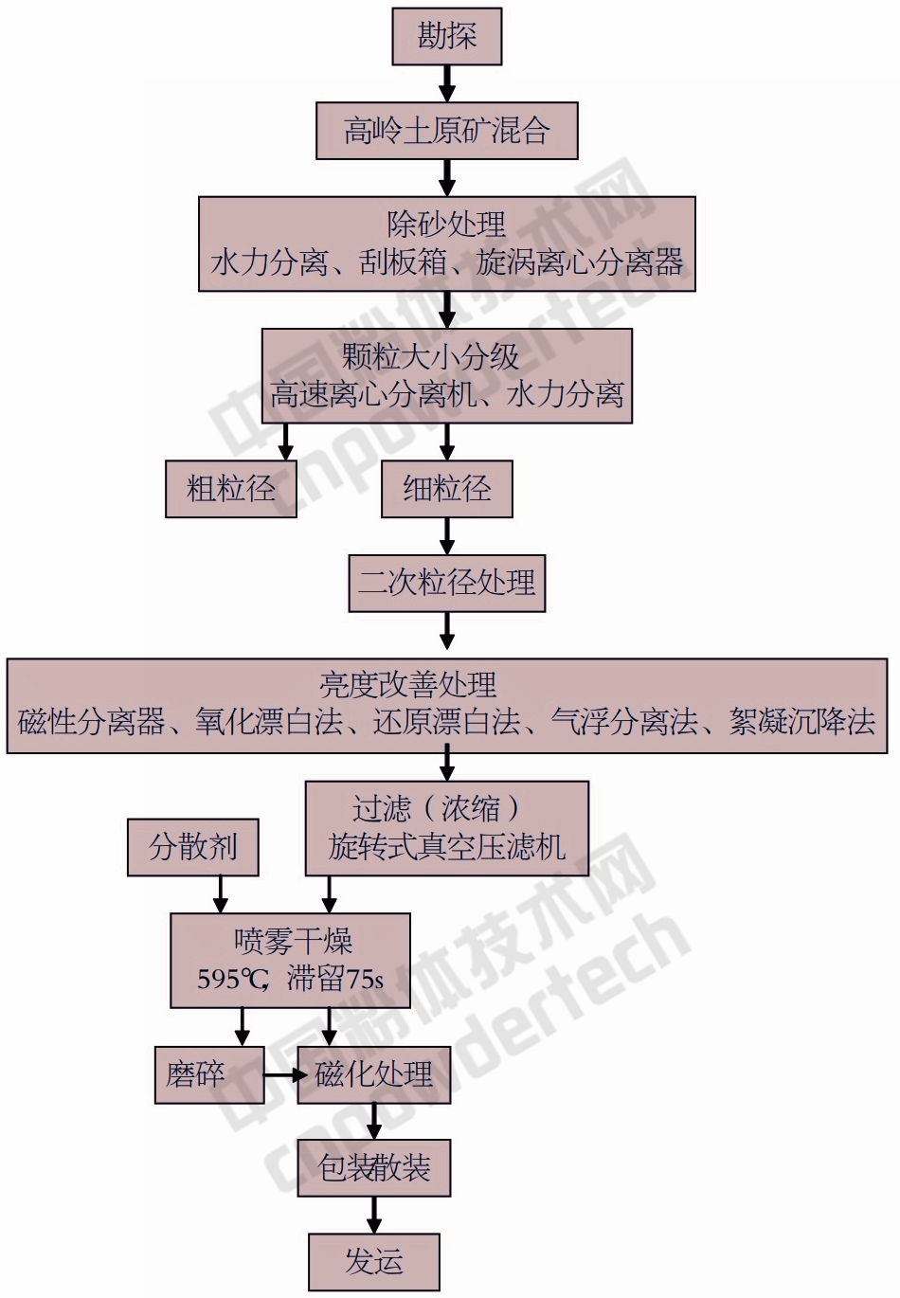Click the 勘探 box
[447, 37]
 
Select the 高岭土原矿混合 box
[447, 131]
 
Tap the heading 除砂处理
[447, 225]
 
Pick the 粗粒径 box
[231, 489]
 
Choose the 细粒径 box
[447, 489]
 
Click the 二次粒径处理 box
[447, 583]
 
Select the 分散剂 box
[193, 847]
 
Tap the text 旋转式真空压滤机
[447, 847]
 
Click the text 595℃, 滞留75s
[290, 979]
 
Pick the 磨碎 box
[196, 1074]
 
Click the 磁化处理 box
[374, 1074]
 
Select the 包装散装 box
[374, 1168]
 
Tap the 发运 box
[374, 1262]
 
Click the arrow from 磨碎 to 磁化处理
[282, 1075]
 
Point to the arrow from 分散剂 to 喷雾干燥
[221, 894]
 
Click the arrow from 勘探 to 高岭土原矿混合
[447, 83]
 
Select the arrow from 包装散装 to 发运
[374, 1215]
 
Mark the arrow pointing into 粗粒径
[285, 442]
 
